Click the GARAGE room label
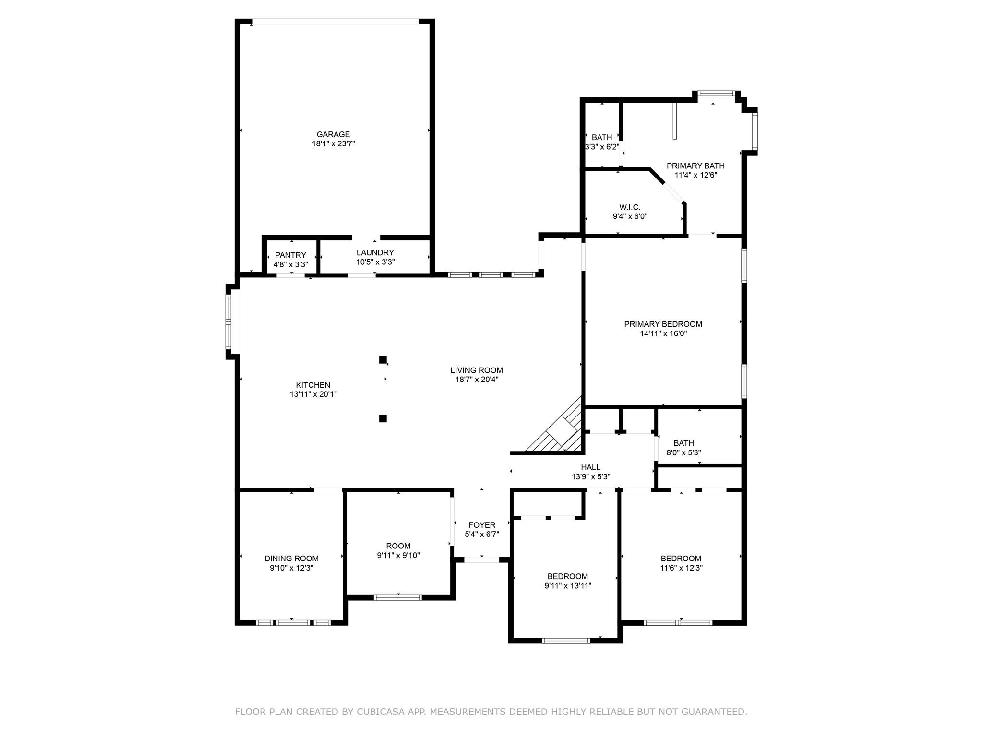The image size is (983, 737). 333,134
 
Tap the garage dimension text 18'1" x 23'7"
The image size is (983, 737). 333,143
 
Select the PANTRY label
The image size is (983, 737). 290,255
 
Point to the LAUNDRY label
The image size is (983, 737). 375,252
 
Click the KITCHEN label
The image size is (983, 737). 313,385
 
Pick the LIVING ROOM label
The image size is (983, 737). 477,370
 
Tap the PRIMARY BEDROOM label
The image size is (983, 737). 663,324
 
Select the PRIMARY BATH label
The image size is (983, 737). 695,166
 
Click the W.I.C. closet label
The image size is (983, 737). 630,207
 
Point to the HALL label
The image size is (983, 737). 590,467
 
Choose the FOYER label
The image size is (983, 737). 482,525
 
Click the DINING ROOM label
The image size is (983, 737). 291,559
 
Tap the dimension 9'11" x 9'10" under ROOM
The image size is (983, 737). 398,555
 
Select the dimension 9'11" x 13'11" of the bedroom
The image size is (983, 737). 567,585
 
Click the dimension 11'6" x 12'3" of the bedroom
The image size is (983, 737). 681,568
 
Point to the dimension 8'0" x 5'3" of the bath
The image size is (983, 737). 683,452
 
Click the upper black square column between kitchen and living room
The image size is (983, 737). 383,359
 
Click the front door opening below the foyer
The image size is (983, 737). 481,559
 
